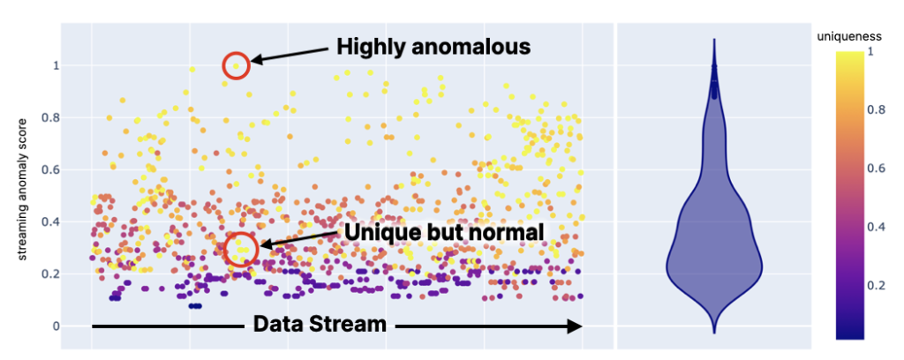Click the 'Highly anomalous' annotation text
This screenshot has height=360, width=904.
tap(432, 46)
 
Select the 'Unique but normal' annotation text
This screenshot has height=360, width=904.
tap(443, 231)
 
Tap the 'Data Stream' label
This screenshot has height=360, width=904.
tap(320, 324)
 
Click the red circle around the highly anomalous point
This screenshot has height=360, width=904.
tap(236, 65)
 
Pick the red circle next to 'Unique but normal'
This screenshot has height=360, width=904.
tap(240, 250)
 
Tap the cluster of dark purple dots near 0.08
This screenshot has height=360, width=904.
tap(195, 305)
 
